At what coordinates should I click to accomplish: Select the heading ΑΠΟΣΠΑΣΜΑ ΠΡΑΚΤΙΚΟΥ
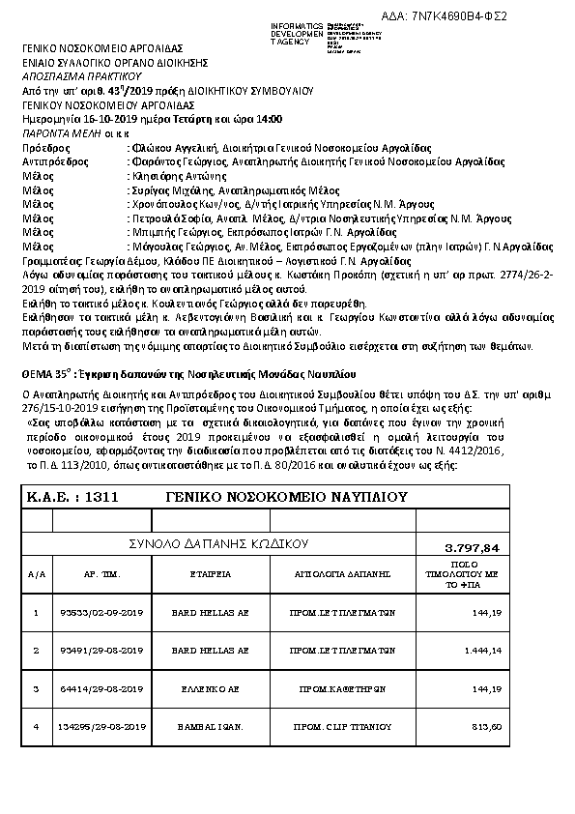coord(81,74)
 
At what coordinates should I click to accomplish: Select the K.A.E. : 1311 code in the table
coord(71,497)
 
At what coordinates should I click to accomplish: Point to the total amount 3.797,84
coord(474,548)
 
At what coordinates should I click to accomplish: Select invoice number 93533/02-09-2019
coord(101,612)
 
